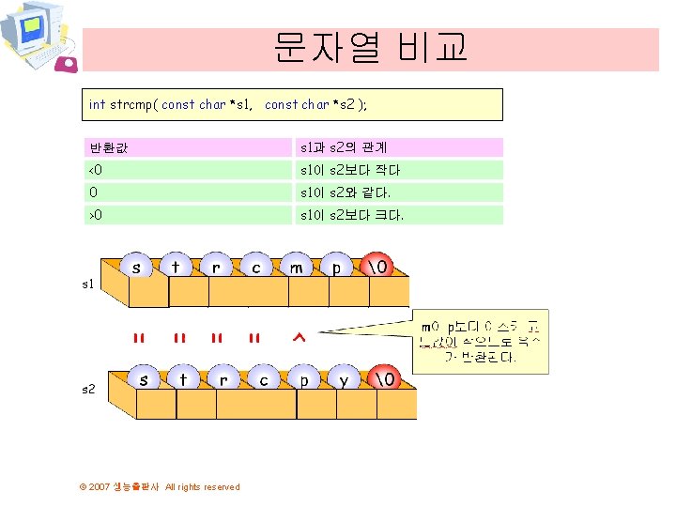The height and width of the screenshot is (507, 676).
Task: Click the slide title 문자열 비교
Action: [x=370, y=48]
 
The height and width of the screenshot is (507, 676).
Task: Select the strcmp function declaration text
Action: [x=228, y=105]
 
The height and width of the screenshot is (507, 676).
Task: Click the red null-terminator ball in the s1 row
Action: [x=377, y=268]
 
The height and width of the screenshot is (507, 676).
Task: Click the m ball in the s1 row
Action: [x=298, y=268]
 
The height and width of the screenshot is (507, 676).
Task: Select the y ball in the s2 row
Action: [x=345, y=380]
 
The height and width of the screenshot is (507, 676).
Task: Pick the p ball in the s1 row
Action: [x=337, y=268]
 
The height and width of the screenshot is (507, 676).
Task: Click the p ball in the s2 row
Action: [x=304, y=380]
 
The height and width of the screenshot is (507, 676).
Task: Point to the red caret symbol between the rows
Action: [x=300, y=338]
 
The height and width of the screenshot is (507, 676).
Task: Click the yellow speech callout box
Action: [x=482, y=339]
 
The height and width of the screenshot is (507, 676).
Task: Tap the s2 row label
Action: [x=87, y=388]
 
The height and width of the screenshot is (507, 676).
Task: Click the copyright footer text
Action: [x=160, y=486]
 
